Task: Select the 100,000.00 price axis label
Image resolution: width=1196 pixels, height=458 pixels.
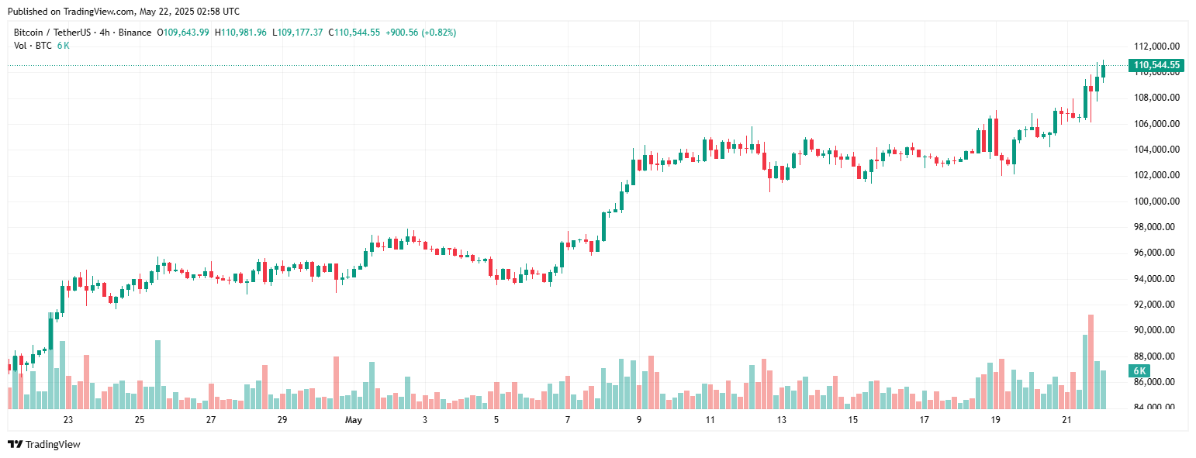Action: pos(1157,201)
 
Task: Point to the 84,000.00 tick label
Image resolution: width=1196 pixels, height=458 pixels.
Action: pos(1157,408)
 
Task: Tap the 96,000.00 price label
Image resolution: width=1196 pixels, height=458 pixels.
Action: pos(1157,253)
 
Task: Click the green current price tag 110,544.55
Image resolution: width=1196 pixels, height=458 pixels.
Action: pos(1156,65)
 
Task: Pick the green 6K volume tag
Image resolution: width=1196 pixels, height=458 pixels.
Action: pos(1139,370)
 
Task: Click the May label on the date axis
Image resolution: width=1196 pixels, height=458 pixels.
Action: pos(354,420)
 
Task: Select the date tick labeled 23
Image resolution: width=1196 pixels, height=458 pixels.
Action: pos(68,420)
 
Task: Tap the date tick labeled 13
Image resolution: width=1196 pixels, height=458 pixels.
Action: pos(781,420)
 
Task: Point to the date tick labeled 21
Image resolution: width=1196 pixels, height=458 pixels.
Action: pos(1066,420)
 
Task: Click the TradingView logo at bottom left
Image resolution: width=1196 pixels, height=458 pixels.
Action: pos(44,444)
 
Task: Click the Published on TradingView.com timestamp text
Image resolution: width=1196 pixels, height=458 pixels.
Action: pos(123,12)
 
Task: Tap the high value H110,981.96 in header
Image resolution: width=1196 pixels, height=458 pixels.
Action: pos(240,33)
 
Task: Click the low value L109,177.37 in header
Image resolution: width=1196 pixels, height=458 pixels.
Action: pos(297,33)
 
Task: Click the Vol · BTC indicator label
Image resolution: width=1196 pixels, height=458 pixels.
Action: pos(33,45)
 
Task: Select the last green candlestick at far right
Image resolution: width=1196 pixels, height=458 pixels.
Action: pos(1103,71)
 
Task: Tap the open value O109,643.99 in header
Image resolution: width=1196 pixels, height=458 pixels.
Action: pos(183,33)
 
